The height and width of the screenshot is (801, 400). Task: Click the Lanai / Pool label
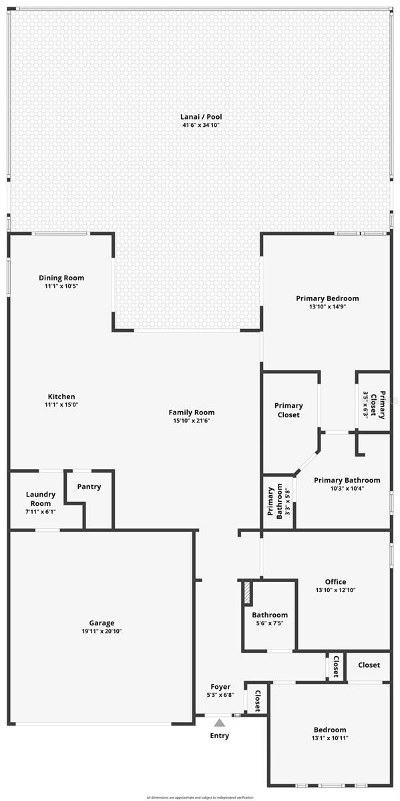click(201, 117)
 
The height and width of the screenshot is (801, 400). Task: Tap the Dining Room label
click(61, 278)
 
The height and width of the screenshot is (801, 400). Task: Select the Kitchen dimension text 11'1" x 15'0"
click(61, 405)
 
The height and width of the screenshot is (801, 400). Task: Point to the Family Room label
click(192, 413)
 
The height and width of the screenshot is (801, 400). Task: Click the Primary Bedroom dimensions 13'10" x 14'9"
click(327, 307)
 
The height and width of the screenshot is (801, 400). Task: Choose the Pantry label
click(89, 487)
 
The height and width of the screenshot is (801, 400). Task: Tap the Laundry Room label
click(41, 499)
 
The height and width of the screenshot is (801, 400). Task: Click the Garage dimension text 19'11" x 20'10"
click(102, 631)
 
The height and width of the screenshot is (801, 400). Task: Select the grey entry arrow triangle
click(220, 722)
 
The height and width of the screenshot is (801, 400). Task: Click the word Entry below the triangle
click(220, 736)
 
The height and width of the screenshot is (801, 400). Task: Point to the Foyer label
click(220, 686)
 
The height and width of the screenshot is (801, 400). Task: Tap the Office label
click(335, 581)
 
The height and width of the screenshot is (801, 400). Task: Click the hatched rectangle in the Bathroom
click(246, 591)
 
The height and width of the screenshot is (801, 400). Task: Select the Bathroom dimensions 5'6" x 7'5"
click(270, 623)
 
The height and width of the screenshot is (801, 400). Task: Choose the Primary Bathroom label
click(347, 480)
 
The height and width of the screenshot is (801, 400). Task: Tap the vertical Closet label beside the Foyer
click(256, 699)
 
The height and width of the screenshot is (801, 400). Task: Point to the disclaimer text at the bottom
click(200, 797)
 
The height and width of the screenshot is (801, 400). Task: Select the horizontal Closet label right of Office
click(369, 665)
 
